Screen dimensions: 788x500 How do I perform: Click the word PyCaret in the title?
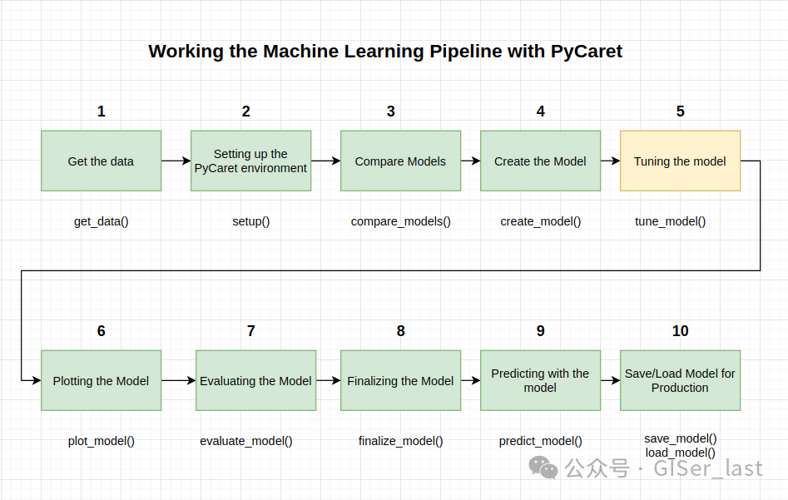[x=586, y=52]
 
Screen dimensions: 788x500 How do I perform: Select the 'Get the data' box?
[x=101, y=161]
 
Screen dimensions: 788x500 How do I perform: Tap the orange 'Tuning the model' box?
[x=680, y=161]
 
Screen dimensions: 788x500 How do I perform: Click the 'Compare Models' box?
[x=400, y=161]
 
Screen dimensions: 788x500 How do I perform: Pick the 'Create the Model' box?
[x=540, y=161]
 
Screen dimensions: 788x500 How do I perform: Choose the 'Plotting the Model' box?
[x=101, y=380]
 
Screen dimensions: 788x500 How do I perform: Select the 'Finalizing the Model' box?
[x=400, y=380]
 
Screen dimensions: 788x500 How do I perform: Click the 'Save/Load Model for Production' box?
[x=680, y=380]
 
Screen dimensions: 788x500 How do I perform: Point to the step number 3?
[x=390, y=111]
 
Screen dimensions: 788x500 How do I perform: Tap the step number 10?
[x=680, y=330]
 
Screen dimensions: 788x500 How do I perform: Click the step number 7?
[x=250, y=330]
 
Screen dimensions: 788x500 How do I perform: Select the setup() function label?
[x=250, y=221]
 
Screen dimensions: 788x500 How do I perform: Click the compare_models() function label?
[x=400, y=221]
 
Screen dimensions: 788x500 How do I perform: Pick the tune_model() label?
[x=670, y=221]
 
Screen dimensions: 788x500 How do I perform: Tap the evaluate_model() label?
[x=245, y=441]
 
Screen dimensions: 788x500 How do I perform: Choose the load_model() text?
[x=680, y=453]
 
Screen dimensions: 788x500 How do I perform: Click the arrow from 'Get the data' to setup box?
[x=176, y=161]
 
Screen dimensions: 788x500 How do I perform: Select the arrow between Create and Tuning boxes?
[x=610, y=161]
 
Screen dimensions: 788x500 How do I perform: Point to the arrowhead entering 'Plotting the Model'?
[x=36, y=380]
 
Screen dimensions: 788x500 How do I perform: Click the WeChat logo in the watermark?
[x=543, y=468]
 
